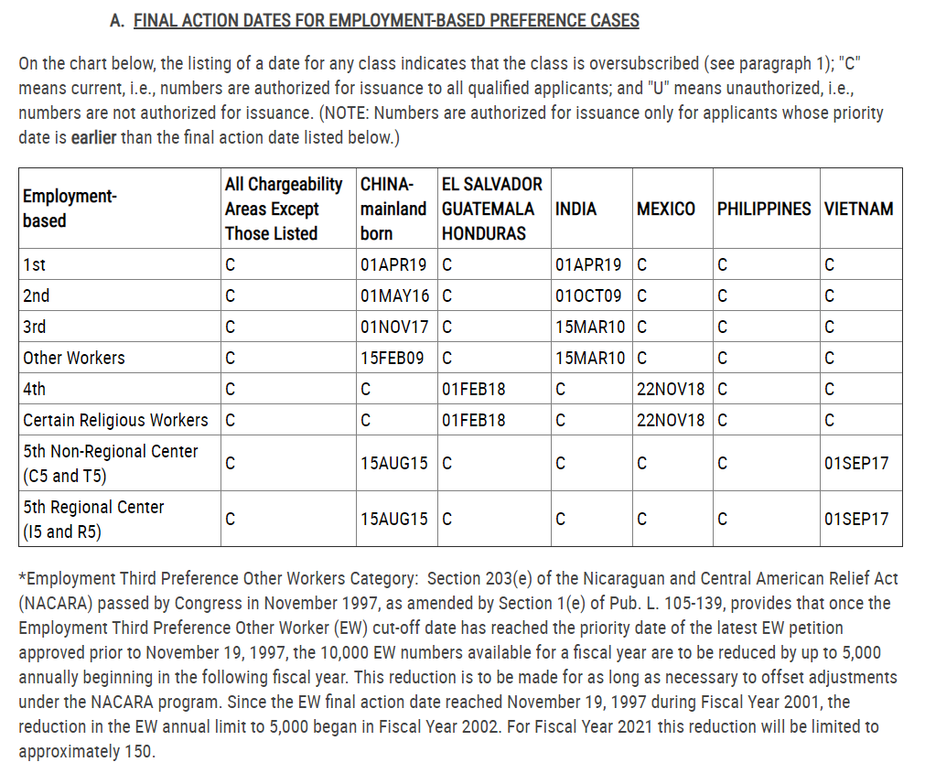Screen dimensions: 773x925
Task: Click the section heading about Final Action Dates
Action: coord(385,20)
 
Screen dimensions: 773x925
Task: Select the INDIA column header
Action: coord(575,209)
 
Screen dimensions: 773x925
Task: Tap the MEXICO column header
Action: coord(665,209)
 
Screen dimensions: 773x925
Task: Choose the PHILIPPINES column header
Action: coord(763,209)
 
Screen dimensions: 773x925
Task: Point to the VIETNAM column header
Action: coord(857,209)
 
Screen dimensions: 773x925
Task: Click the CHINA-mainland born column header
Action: coord(393,209)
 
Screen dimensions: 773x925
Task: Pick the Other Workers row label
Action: coord(74,358)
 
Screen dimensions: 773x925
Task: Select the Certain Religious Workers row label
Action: coord(115,420)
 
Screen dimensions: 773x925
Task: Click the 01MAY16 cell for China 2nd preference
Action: coord(393,295)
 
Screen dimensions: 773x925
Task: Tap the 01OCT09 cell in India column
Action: coord(588,295)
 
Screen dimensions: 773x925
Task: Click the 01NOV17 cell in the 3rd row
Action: coord(393,327)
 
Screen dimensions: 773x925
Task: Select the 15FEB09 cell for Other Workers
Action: coord(393,358)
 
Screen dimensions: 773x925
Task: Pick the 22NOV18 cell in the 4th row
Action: coord(671,389)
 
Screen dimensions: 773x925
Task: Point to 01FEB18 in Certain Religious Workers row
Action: coord(473,420)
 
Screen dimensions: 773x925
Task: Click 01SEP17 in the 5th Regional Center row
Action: coord(855,519)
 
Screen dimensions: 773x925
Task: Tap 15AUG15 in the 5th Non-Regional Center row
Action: coord(393,463)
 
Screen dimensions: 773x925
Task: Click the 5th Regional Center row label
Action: coord(93,519)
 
